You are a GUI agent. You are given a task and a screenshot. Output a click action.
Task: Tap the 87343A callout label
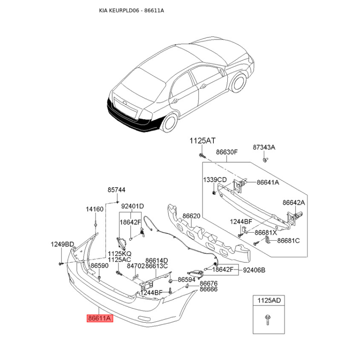pyautogui.click(x=264, y=148)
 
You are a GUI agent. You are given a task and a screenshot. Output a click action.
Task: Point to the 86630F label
pyautogui.click(x=226, y=152)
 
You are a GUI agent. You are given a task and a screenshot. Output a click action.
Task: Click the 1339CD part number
pyautogui.click(x=215, y=180)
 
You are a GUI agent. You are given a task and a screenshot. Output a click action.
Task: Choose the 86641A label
pyautogui.click(x=268, y=183)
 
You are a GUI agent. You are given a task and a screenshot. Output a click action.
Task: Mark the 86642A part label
pyautogui.click(x=293, y=203)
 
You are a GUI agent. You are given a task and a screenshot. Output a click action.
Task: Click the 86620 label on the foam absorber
pyautogui.click(x=191, y=216)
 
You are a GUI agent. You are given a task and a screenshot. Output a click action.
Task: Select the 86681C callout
pyautogui.click(x=288, y=241)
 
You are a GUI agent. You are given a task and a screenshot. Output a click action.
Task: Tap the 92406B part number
pyautogui.click(x=254, y=270)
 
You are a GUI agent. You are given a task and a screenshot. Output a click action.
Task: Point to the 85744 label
pyautogui.click(x=116, y=190)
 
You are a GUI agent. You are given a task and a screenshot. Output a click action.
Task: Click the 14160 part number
pyautogui.click(x=94, y=209)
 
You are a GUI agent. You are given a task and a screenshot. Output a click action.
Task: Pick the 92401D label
pyautogui.click(x=133, y=207)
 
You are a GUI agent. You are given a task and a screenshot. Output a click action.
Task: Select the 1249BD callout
pyautogui.click(x=62, y=244)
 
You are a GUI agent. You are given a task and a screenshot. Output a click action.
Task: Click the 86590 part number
pyautogui.click(x=99, y=266)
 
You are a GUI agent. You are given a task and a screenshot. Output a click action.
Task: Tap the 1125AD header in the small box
pyautogui.click(x=268, y=300)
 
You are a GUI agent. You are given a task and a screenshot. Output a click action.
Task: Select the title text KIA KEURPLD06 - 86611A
pyautogui.click(x=131, y=10)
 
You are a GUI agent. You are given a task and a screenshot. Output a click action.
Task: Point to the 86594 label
pyautogui.click(x=186, y=279)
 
